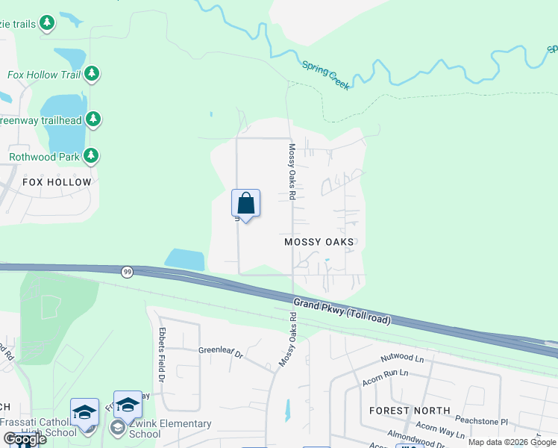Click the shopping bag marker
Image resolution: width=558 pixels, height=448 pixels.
[x=245, y=204]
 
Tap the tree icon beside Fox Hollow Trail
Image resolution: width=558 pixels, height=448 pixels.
[x=92, y=73]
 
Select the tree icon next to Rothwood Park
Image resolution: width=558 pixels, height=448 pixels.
[x=92, y=156]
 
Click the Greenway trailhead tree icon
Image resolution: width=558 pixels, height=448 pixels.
[x=93, y=119]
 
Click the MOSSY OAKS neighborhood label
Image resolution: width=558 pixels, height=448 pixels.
[x=319, y=242]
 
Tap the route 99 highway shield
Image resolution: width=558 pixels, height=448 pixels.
[x=127, y=273]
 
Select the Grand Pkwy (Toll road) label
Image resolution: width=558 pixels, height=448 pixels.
[x=342, y=312]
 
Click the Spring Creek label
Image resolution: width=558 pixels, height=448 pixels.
[x=325, y=75]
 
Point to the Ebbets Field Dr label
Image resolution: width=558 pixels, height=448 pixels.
[x=161, y=351]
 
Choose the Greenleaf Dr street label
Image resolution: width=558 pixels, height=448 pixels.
[x=221, y=349]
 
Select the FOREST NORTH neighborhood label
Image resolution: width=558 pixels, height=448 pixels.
[x=410, y=411]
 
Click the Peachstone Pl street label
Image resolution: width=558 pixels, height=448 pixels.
[x=483, y=421]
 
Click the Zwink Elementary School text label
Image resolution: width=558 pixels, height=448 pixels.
[x=170, y=429]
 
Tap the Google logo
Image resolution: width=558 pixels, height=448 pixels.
[x=24, y=439]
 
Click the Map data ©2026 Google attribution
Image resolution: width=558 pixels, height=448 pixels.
[x=512, y=442]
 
